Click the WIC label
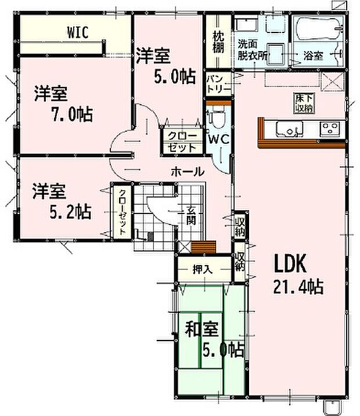tap(78, 32)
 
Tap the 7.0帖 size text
tap(72, 114)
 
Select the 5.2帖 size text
tap(71, 211)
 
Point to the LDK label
tap(290, 263)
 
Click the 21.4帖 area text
tap(298, 287)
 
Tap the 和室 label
tap(202, 329)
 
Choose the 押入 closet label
tap(203, 270)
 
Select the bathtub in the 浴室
tap(319, 28)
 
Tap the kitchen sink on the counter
tap(289, 129)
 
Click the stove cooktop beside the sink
tap(330, 128)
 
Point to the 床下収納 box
tap(304, 103)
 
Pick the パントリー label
tap(219, 84)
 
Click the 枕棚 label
tap(218, 42)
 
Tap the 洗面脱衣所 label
tap(252, 50)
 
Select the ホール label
tap(188, 171)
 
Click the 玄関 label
tap(190, 215)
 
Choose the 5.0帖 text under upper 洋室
tap(175, 77)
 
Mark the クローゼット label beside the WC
tap(182, 142)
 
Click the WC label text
tap(218, 139)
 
